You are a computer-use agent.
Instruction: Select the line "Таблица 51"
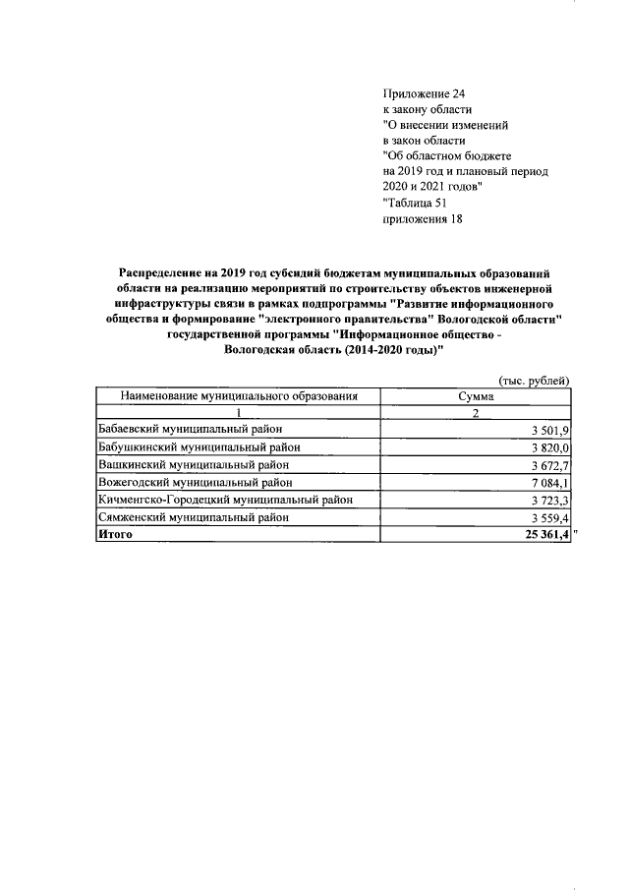pyautogui.click(x=414, y=204)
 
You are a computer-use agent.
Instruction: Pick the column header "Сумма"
pyautogui.click(x=475, y=396)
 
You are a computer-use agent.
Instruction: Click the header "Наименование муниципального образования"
pyautogui.click(x=238, y=396)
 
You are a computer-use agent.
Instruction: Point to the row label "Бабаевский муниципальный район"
pyautogui.click(x=191, y=430)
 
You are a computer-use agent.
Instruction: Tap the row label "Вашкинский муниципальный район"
pyautogui.click(x=192, y=464)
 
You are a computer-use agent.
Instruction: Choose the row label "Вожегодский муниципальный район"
pyautogui.click(x=195, y=482)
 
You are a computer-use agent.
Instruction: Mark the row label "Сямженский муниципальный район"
pyautogui.click(x=193, y=516)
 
